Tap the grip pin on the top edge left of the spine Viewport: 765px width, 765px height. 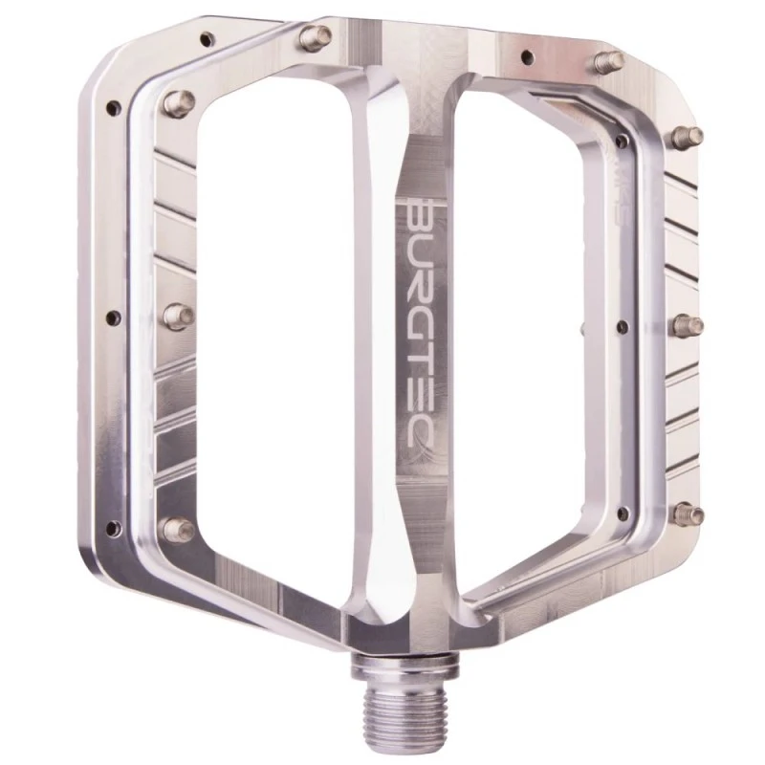[x=311, y=36]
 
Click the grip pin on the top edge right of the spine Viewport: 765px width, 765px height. [x=603, y=63]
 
